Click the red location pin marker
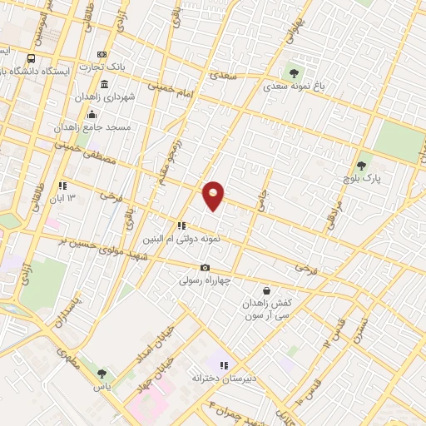click(214, 195)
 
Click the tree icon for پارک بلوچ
click(361, 166)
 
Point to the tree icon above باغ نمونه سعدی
click(293, 72)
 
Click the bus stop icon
click(31, 58)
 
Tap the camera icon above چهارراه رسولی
click(205, 267)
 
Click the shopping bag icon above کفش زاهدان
click(266, 291)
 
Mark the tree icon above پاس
click(102, 374)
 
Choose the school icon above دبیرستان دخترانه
click(222, 364)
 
